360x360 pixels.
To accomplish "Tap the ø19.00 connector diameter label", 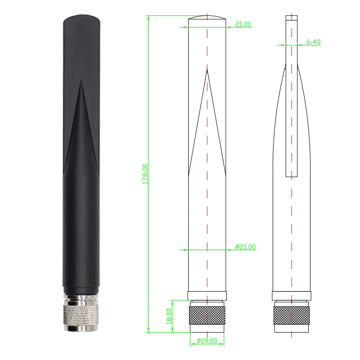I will (207, 341).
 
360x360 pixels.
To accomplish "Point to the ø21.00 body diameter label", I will (245, 247).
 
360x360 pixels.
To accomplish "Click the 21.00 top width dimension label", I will (243, 24).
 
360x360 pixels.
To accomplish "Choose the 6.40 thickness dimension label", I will (313, 42).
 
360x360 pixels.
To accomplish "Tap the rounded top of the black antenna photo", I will (81, 20).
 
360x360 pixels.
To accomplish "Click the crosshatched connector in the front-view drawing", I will (207, 315).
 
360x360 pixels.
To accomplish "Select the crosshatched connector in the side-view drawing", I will (292, 315).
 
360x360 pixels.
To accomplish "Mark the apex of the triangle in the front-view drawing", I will (207, 69).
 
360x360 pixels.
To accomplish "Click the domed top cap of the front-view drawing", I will (207, 18).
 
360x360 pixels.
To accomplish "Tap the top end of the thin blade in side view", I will (292, 17).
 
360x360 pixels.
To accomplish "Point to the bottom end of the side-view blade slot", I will (292, 176).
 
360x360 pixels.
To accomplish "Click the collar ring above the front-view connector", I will (207, 296).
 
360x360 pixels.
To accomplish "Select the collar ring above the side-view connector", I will (292, 296).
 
